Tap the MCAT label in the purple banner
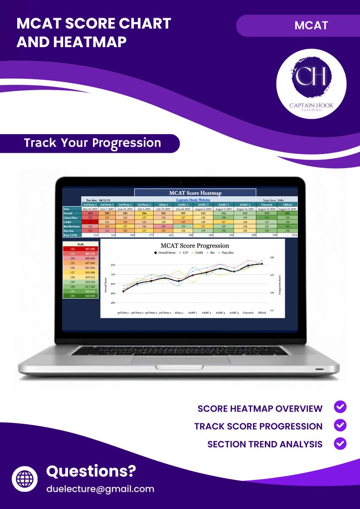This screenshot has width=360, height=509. click(311, 25)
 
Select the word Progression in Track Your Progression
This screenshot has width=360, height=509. click(127, 143)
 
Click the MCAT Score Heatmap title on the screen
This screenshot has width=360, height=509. click(195, 193)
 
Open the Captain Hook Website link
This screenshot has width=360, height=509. click(195, 200)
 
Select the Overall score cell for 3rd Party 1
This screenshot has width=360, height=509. click(90, 213)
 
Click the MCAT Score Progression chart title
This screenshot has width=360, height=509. click(195, 246)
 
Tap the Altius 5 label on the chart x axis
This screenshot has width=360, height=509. click(179, 313)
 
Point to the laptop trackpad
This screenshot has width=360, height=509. click(180, 360)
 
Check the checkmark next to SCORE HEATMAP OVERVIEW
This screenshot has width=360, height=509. click(340, 407)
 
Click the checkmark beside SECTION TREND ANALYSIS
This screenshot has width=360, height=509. click(340, 443)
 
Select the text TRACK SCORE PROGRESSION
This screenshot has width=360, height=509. click(258, 427)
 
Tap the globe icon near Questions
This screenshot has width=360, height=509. click(24, 479)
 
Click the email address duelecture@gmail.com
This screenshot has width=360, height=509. click(100, 489)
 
